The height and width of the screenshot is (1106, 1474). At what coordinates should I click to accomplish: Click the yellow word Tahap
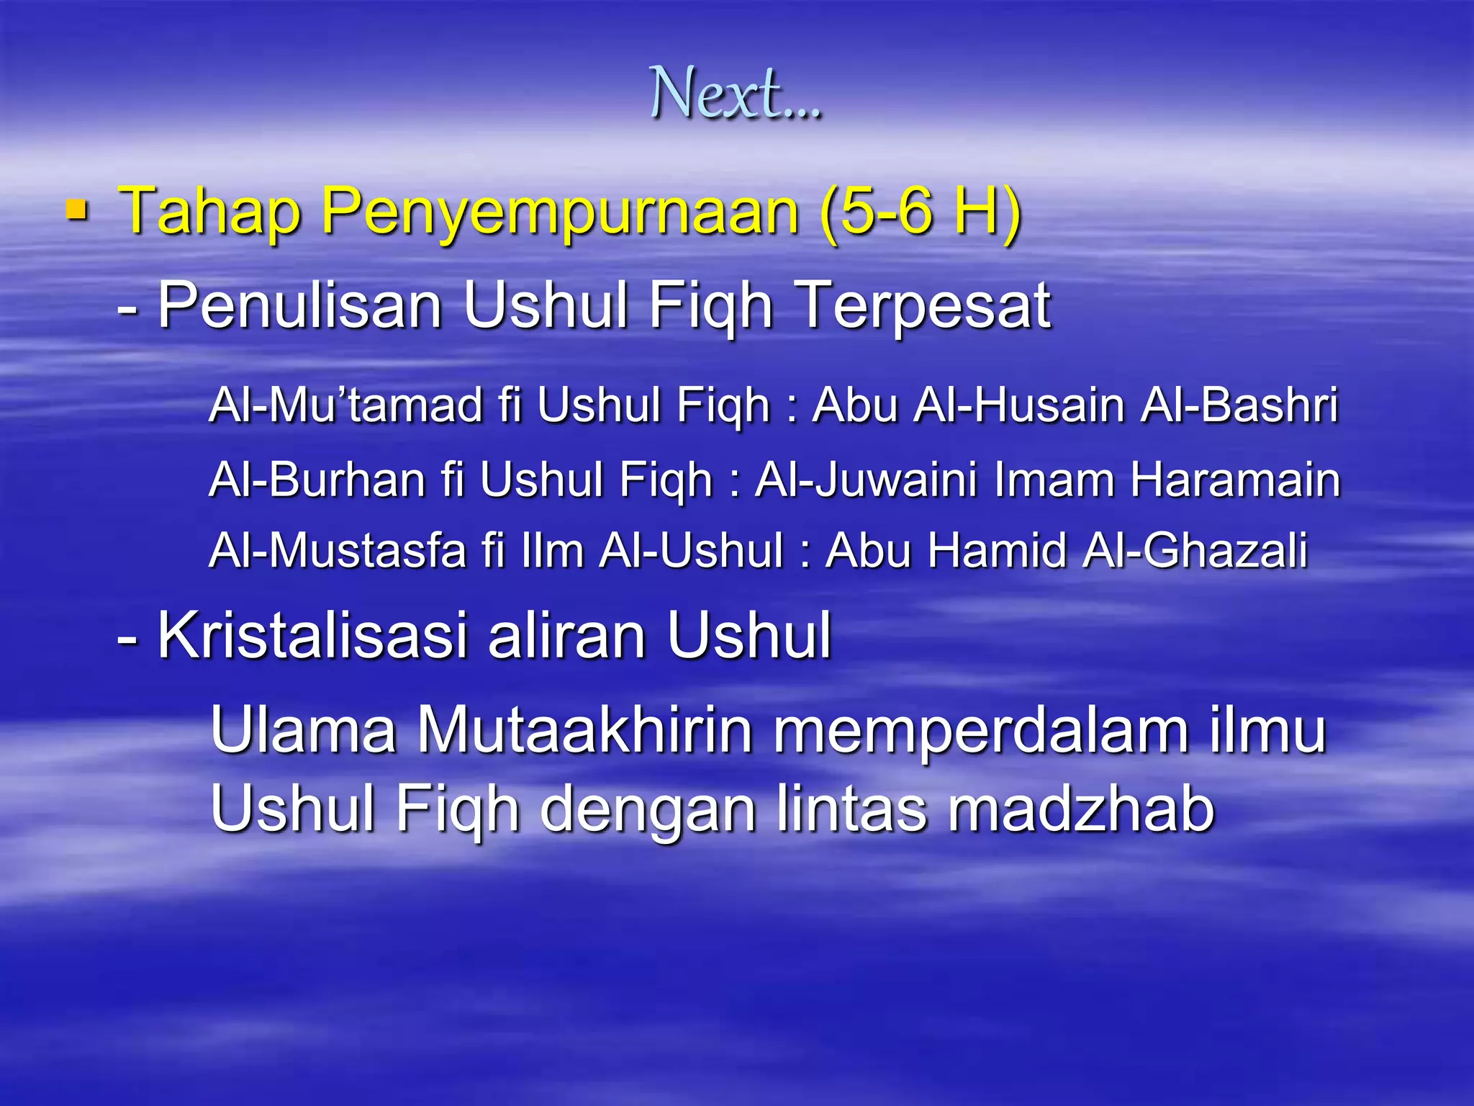(x=209, y=212)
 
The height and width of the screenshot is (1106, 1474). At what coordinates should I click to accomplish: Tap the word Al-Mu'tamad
(x=346, y=405)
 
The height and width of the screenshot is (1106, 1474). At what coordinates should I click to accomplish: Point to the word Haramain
(x=1235, y=479)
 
